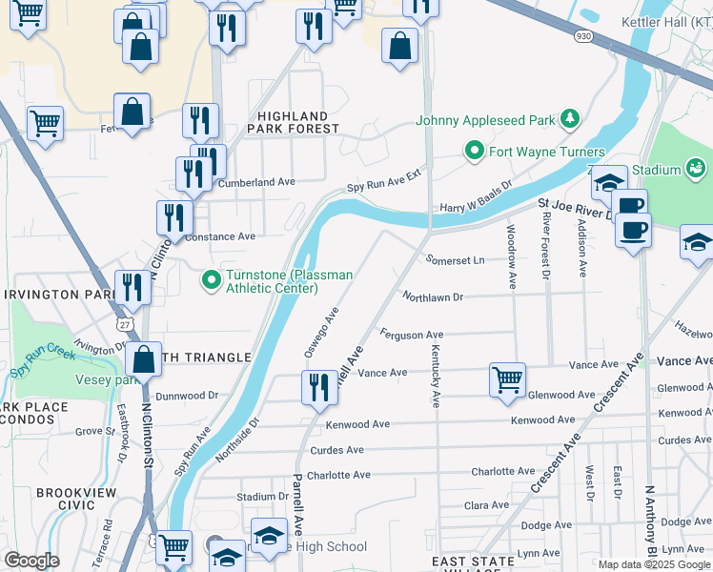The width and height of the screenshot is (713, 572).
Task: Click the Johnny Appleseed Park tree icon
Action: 570,119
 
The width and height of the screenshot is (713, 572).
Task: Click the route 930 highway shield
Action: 582,36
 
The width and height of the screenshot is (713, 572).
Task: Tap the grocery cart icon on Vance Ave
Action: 507,378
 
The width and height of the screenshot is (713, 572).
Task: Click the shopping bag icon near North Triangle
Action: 143,359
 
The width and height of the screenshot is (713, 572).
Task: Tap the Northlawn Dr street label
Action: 432,297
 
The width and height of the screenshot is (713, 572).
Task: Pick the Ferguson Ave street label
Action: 412,335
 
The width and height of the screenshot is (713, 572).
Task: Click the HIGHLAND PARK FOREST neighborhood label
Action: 293,122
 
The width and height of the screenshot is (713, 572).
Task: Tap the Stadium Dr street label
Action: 262,497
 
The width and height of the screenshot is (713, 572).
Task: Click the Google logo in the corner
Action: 31,561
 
